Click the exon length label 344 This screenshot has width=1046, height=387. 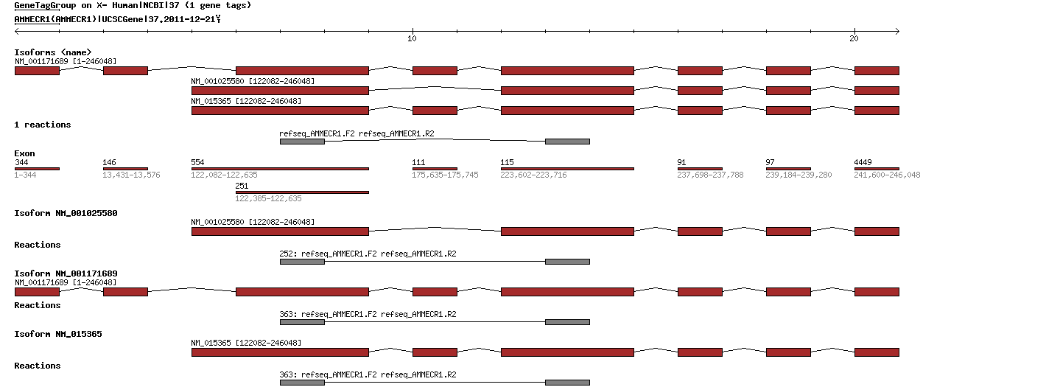click(21, 161)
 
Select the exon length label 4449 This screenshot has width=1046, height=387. click(863, 161)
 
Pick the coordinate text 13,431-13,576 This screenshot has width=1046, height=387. click(131, 175)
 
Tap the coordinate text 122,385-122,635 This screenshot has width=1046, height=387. click(268, 198)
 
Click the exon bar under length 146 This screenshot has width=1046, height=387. click(125, 169)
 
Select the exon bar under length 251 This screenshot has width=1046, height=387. click(302, 192)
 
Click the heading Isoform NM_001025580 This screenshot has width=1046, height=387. click(66, 213)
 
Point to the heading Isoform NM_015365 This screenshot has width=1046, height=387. click(58, 334)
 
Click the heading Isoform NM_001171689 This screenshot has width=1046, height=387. click(66, 273)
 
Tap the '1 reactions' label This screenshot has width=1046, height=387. click(43, 125)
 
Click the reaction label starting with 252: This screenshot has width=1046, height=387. click(368, 254)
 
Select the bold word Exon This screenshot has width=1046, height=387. click(24, 153)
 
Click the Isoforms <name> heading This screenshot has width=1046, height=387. click(52, 52)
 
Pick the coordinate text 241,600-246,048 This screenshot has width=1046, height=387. click(887, 175)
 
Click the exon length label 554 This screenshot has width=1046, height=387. click(197, 161)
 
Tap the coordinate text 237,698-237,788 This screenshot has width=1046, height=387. click(710, 175)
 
